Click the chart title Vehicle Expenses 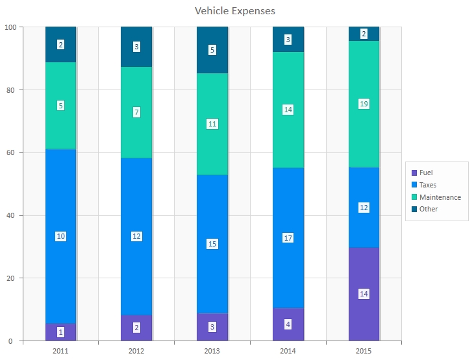pyautogui.click(x=235, y=11)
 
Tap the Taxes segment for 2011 pyautogui.click(x=60, y=195)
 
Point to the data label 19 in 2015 pyautogui.click(x=364, y=104)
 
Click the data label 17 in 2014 pyautogui.click(x=288, y=238)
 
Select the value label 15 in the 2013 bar pyautogui.click(x=212, y=244)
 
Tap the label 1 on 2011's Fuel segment pyautogui.click(x=60, y=332)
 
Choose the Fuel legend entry pyautogui.click(x=425, y=173)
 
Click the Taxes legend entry pyautogui.click(x=427, y=185)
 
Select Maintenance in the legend pyautogui.click(x=439, y=197)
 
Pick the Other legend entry pyautogui.click(x=428, y=209)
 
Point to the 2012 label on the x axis pyautogui.click(x=136, y=351)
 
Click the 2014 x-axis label pyautogui.click(x=288, y=351)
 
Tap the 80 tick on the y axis pyautogui.click(x=12, y=90)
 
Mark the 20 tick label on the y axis pyautogui.click(x=12, y=278)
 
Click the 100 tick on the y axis pyautogui.click(x=10, y=27)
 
